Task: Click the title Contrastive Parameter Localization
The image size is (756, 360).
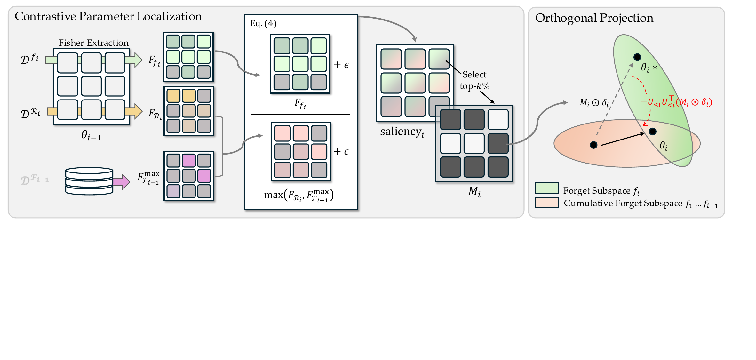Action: coord(108,16)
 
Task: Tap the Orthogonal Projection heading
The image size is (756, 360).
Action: coord(594,18)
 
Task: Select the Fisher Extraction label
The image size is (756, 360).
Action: coord(93,43)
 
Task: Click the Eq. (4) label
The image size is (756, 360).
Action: coord(263,23)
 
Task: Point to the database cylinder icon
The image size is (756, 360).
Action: coord(89,181)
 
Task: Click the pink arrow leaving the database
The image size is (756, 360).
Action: coord(121,182)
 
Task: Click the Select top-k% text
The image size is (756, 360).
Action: coord(474,80)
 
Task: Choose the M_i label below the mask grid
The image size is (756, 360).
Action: coord(474,191)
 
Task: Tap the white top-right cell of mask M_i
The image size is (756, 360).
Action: coord(498,119)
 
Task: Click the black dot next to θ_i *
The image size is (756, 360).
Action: coord(637,57)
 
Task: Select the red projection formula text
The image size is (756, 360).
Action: coord(676,102)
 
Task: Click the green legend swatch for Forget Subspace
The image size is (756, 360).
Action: coord(546,188)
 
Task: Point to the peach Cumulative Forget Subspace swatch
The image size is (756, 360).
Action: coord(546,203)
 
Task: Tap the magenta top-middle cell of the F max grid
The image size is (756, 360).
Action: coord(189,160)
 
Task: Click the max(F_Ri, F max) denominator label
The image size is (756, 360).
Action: coord(299,195)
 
